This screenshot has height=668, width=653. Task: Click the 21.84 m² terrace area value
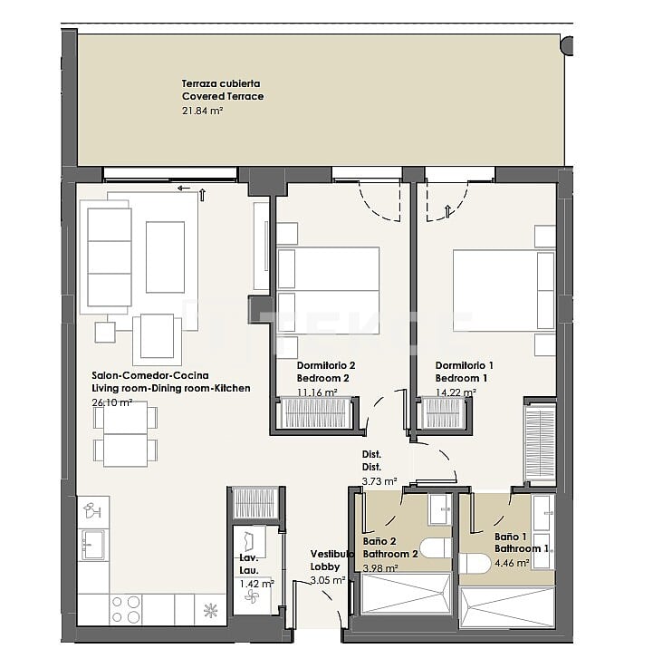[203, 111]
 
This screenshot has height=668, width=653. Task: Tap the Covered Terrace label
[223, 96]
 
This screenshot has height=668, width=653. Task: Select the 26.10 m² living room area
[112, 402]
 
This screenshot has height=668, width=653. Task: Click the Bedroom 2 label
[322, 378]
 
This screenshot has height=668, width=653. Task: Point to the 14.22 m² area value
[456, 392]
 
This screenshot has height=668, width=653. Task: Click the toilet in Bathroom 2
[436, 547]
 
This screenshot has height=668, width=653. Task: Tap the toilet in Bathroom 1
[475, 564]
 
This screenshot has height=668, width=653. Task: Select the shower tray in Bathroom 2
[405, 594]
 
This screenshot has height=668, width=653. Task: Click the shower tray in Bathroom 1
[507, 606]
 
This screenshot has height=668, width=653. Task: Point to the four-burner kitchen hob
[126, 609]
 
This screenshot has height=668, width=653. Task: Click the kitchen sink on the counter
[92, 544]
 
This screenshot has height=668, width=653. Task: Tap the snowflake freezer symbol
[210, 611]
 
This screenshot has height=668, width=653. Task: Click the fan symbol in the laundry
[252, 596]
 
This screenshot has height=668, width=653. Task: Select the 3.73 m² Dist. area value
[379, 481]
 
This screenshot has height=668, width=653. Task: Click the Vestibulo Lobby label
[331, 560]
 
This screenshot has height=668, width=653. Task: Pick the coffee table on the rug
[165, 257]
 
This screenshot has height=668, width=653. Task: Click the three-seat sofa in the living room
[109, 257]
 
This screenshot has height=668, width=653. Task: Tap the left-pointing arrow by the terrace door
[184, 188]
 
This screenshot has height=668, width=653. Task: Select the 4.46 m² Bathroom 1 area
[512, 563]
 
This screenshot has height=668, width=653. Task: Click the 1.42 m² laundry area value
[256, 584]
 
